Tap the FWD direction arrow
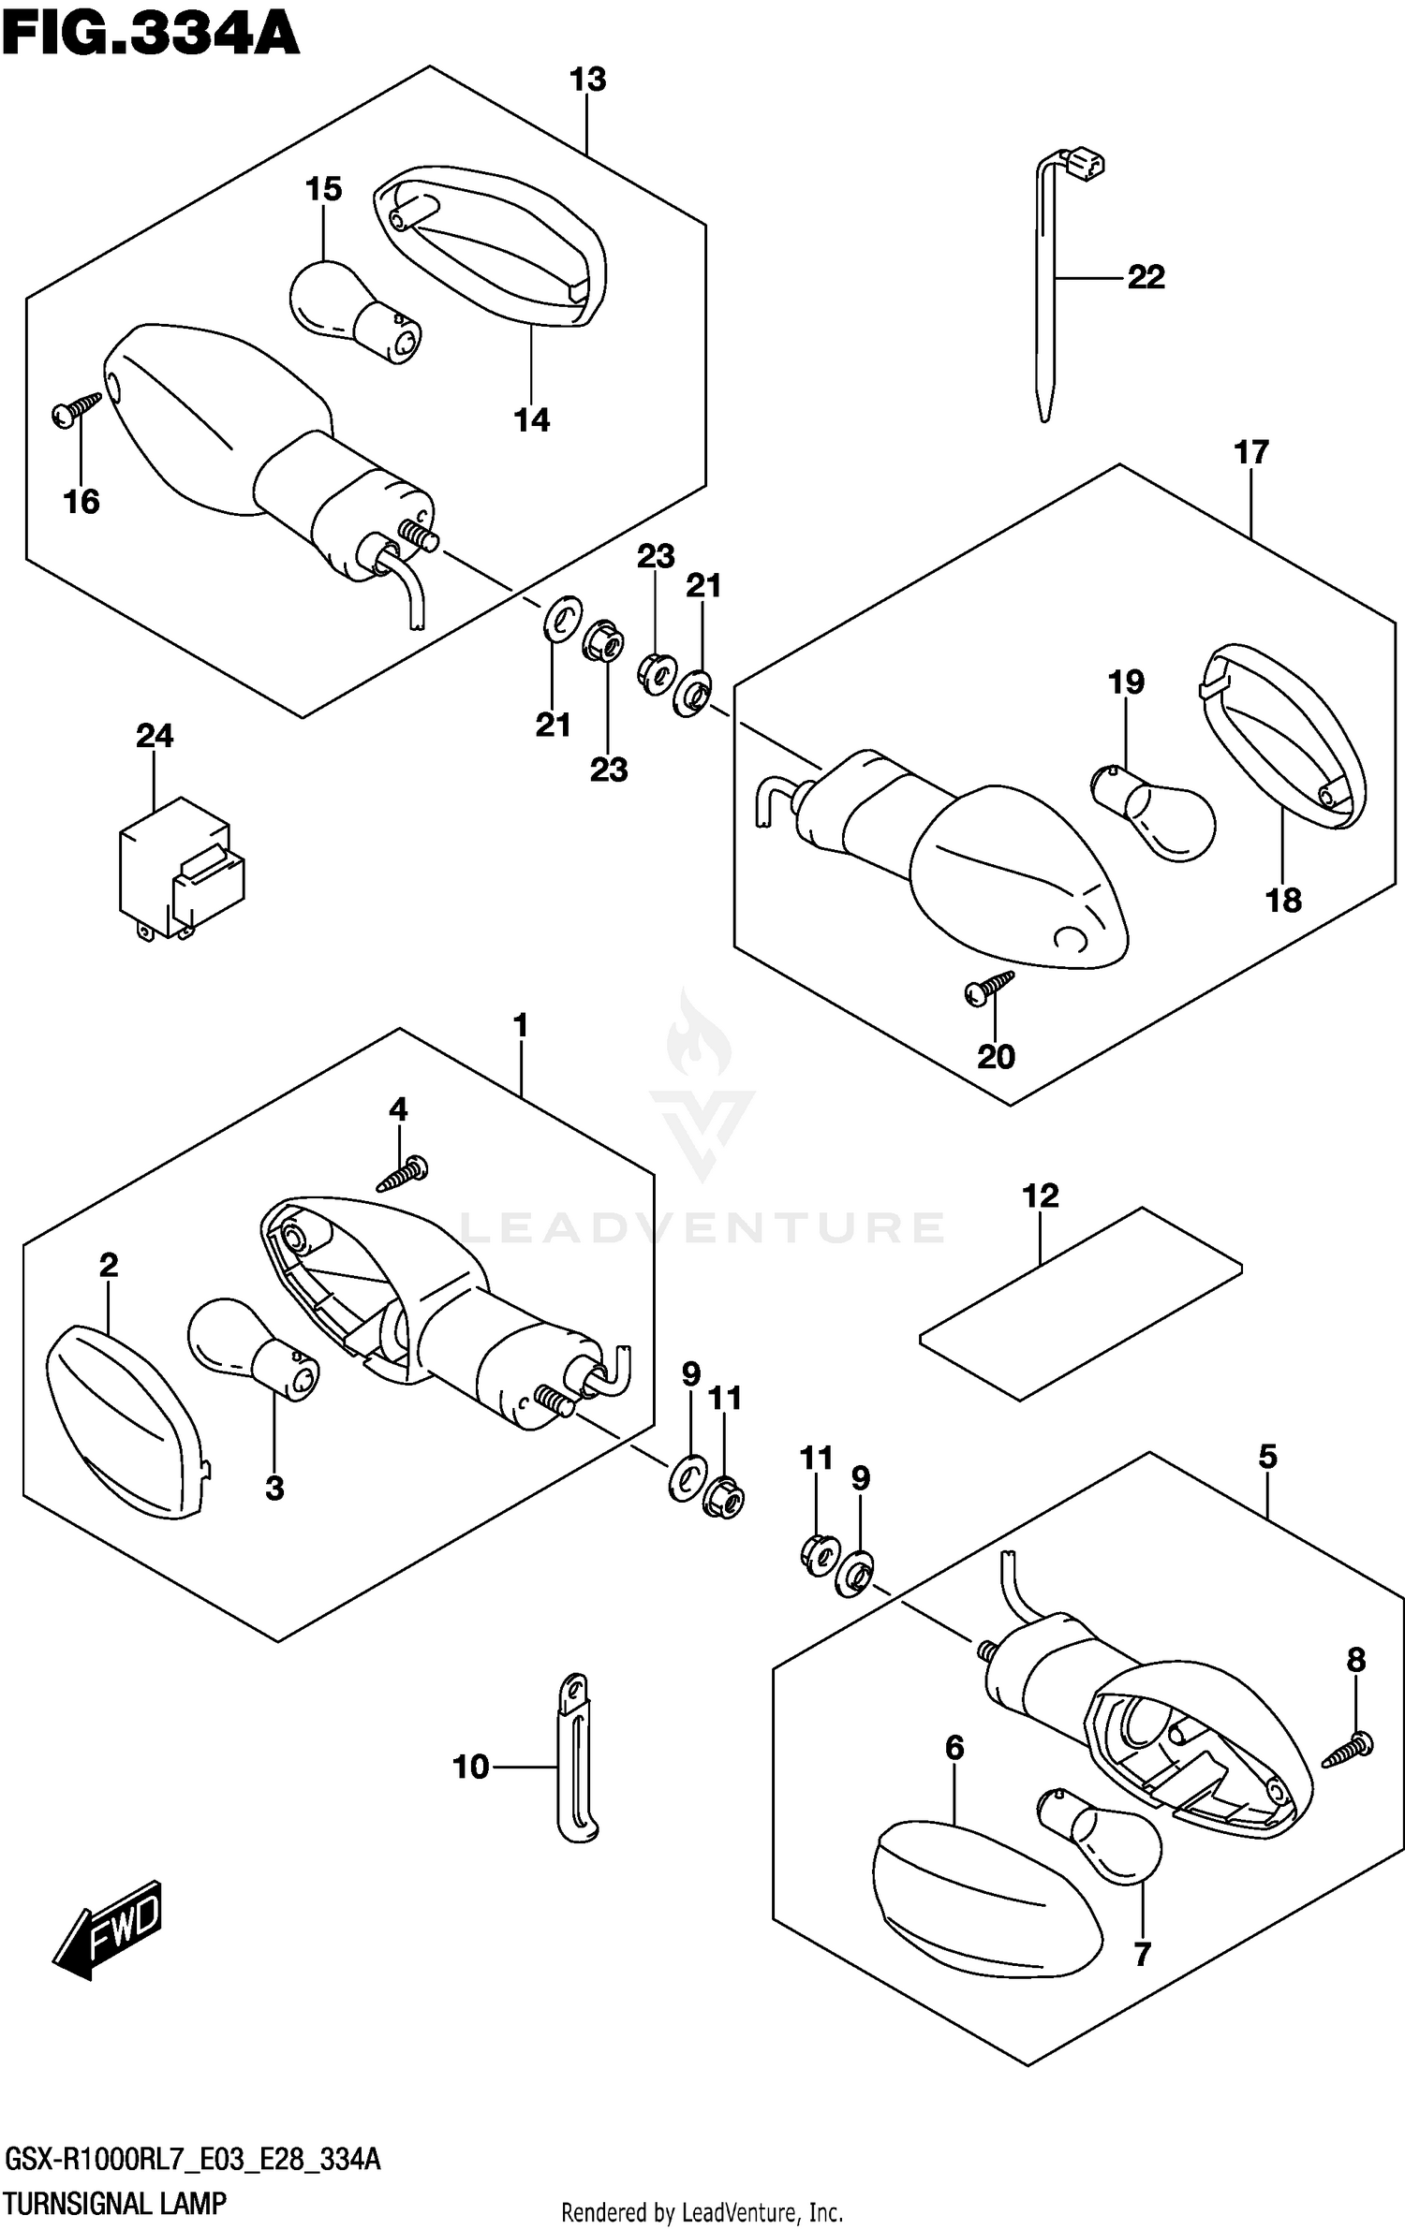[108, 1932]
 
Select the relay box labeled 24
[182, 868]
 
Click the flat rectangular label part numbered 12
[1081, 1303]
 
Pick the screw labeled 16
[77, 409]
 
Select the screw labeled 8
[1348, 1750]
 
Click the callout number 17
[1251, 452]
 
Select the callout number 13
[588, 80]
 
